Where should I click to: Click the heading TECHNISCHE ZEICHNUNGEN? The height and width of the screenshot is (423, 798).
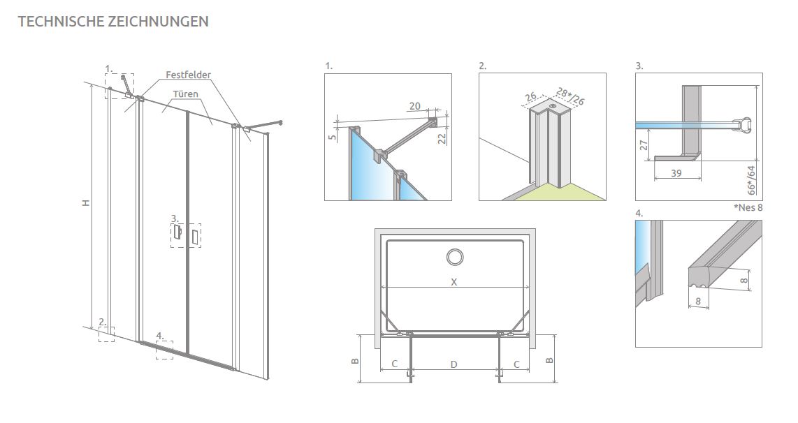click(113, 22)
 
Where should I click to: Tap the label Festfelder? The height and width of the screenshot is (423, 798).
click(188, 75)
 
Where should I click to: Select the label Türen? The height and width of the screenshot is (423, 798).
click(185, 94)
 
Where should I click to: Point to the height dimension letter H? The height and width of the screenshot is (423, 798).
click(86, 203)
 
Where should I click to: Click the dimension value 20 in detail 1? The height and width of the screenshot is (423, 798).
click(415, 106)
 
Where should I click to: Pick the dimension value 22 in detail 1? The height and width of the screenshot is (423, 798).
click(442, 137)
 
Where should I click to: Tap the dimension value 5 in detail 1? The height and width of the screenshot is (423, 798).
click(333, 137)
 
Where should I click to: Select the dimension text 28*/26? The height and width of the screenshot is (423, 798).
click(570, 96)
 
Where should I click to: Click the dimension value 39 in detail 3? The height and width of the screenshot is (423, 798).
click(676, 173)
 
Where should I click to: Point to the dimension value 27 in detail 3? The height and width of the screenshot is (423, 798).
click(644, 145)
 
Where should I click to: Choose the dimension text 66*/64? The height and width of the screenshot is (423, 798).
click(751, 180)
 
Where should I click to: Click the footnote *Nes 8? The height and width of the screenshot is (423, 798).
click(748, 207)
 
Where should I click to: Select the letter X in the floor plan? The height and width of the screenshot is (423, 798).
click(454, 282)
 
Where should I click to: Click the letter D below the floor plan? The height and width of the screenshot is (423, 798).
click(454, 364)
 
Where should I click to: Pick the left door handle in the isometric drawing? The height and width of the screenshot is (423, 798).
click(177, 233)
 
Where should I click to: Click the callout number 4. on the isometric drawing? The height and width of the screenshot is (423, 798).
click(160, 336)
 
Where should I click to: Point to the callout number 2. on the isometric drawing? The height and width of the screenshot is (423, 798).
click(102, 322)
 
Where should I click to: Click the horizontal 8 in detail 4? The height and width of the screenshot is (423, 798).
click(698, 302)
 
